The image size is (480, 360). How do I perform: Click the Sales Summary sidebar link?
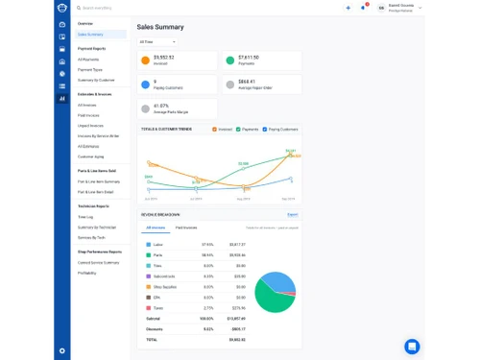click(x=90, y=35)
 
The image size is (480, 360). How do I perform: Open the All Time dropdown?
click(x=157, y=42)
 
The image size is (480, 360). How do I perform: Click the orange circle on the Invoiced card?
click(x=145, y=60)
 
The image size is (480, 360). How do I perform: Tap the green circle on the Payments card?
click(x=230, y=60)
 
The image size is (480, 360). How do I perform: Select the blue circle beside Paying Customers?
click(x=145, y=84)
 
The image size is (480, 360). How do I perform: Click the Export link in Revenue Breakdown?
click(x=293, y=215)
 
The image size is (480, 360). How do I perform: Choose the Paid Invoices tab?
click(x=186, y=228)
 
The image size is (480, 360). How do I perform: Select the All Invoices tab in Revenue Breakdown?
click(x=155, y=228)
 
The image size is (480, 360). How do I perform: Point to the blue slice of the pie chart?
click(x=278, y=280)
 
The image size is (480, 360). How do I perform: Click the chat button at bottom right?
click(x=412, y=346)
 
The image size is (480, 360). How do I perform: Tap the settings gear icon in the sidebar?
click(x=62, y=350)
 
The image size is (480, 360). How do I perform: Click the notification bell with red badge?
click(x=363, y=8)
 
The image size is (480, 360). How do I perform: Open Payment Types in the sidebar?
click(x=90, y=69)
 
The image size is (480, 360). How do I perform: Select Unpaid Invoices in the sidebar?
click(x=92, y=126)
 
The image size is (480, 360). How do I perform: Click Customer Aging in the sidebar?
click(x=91, y=156)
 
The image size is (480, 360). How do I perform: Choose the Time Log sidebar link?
click(x=85, y=217)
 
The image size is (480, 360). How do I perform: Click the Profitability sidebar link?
click(x=88, y=273)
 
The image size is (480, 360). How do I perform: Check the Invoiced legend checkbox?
click(x=215, y=129)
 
